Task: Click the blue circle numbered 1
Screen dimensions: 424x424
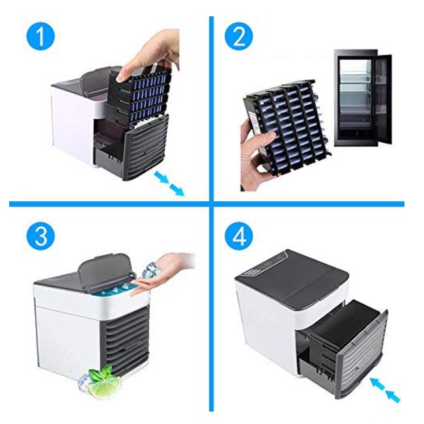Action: click(x=40, y=36)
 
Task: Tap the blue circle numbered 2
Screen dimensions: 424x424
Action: click(x=239, y=36)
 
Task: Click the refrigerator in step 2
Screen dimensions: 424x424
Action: click(x=363, y=98)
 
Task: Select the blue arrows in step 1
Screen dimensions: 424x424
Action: click(x=169, y=184)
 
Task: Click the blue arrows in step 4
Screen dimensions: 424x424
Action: click(x=385, y=389)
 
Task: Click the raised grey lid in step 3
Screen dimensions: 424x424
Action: click(x=106, y=270)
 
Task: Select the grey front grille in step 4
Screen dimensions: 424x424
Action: click(x=363, y=355)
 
